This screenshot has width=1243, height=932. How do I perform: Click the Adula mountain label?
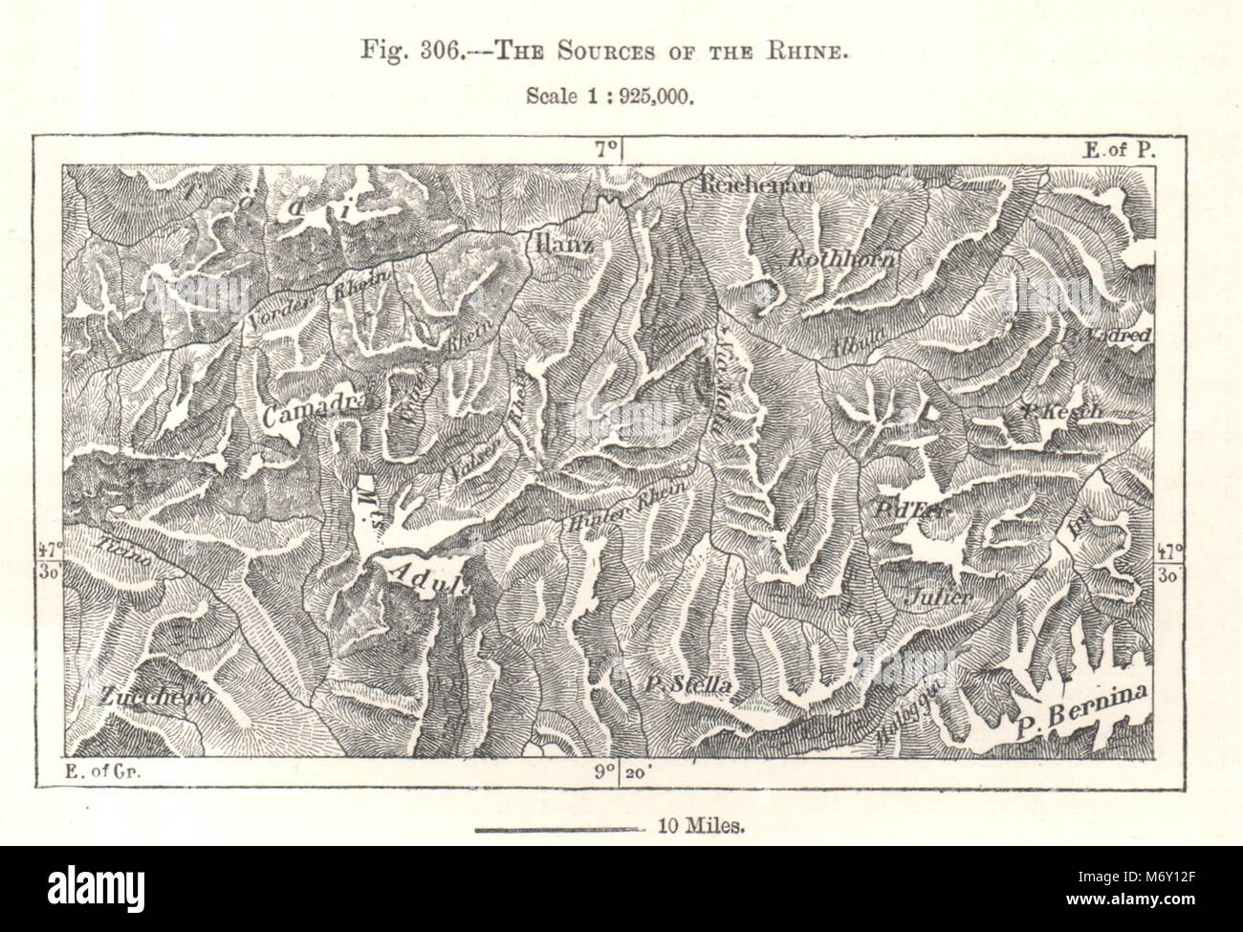pyautogui.click(x=427, y=576)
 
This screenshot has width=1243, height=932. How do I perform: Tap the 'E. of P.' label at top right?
pyautogui.click(x=1121, y=149)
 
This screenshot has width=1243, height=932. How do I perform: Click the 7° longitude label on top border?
pyautogui.click(x=604, y=149)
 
